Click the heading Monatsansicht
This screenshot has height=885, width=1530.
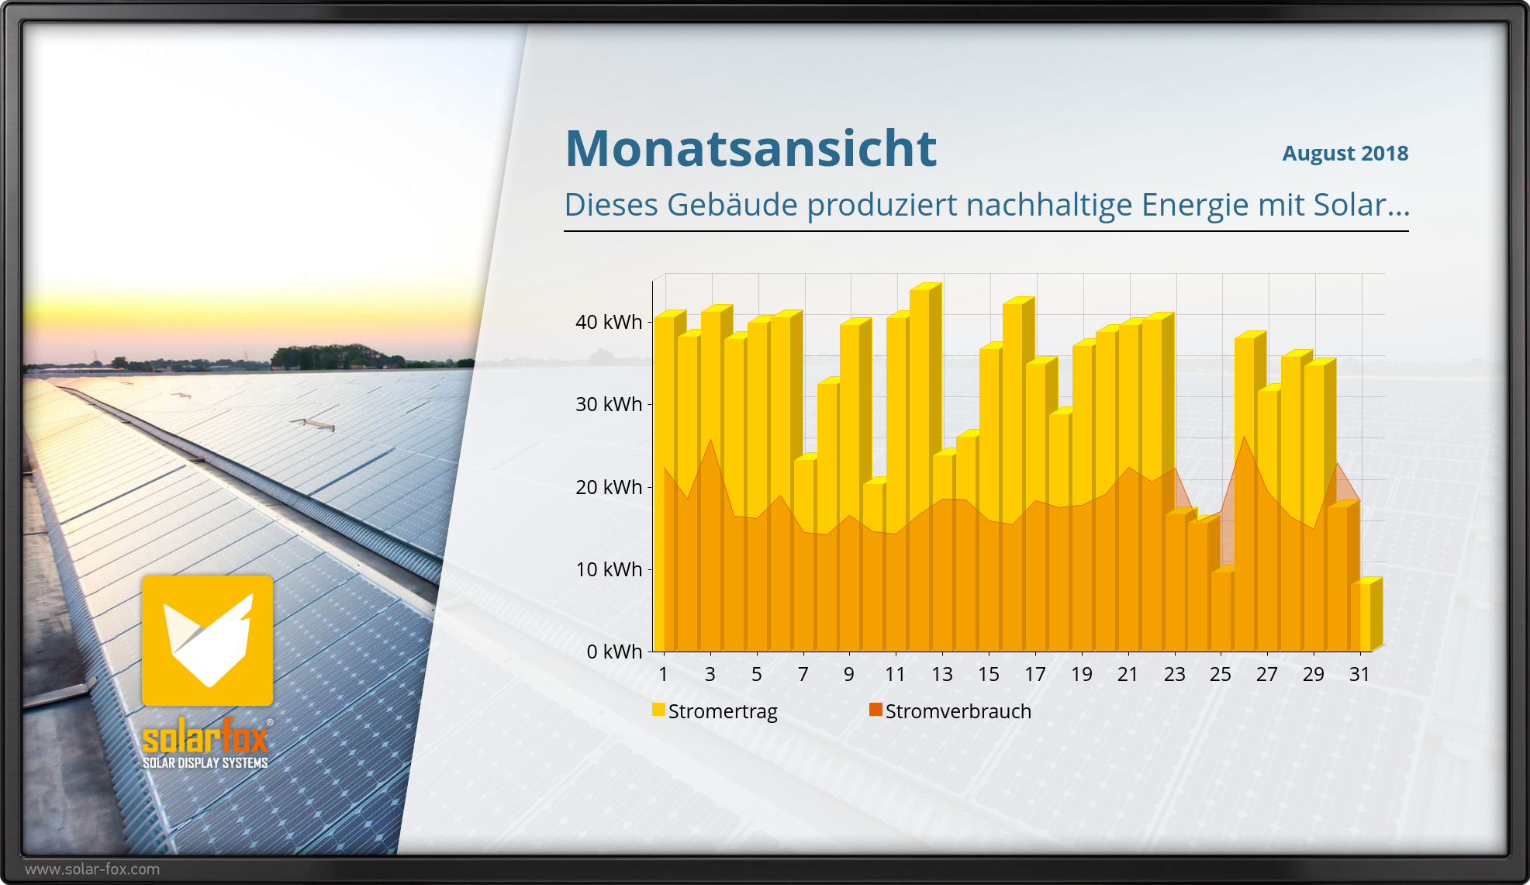coord(751,148)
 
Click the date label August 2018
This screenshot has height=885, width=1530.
coord(1345,153)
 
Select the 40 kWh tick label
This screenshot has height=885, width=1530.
coord(609,322)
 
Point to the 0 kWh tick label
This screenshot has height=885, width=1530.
coord(614,652)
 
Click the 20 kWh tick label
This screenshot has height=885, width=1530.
coord(609,487)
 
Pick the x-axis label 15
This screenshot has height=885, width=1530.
coord(988,674)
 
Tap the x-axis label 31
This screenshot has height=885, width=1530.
coord(1359,674)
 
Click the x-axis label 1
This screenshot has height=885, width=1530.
coord(663,674)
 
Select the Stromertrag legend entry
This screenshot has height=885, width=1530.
coord(714,711)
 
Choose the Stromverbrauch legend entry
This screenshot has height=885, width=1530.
coord(950,711)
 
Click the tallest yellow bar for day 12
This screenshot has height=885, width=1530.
coord(920,388)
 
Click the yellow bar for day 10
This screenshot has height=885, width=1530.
coord(873,504)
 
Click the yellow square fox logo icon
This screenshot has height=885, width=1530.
coord(207,641)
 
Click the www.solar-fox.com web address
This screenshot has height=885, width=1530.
coord(92,869)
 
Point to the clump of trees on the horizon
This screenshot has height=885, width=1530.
coord(333,357)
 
